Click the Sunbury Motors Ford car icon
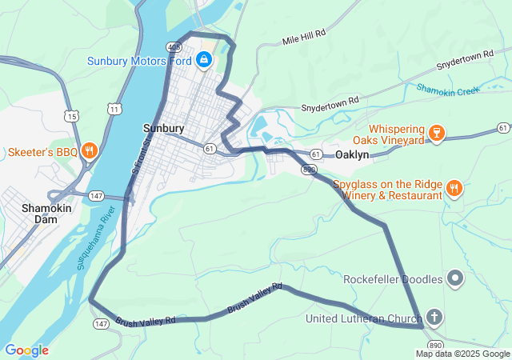coord(205,60)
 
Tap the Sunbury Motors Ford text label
coord(139,61)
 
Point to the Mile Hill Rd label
coord(304,38)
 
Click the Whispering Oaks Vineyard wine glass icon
coord(436,131)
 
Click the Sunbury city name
coord(163,128)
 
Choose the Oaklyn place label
coord(352,154)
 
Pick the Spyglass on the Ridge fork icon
coord(454,189)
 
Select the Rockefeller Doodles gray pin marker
coord(455,279)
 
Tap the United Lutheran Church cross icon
coord(434,318)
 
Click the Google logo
coord(26,350)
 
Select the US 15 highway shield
coord(74,117)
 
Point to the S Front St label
coord(141,157)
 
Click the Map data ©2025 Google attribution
coord(462,354)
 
